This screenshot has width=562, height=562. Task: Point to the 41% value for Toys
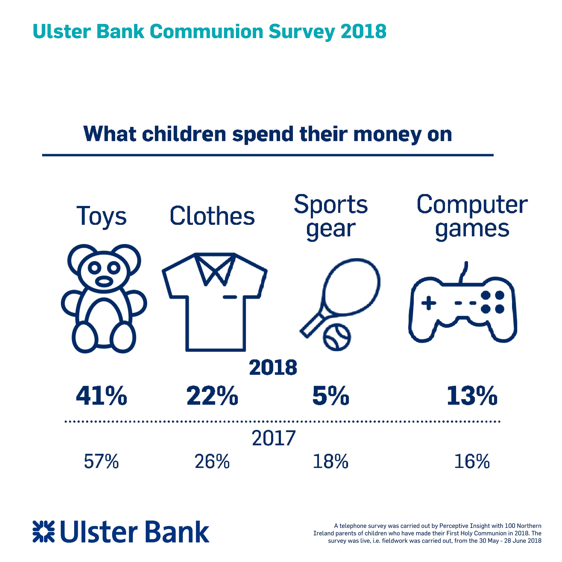pyautogui.click(x=102, y=396)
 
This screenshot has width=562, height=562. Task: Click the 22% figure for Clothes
pyautogui.click(x=212, y=396)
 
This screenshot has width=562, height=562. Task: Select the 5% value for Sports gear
pyautogui.click(x=331, y=396)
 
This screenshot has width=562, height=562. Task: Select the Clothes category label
pyautogui.click(x=212, y=216)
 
